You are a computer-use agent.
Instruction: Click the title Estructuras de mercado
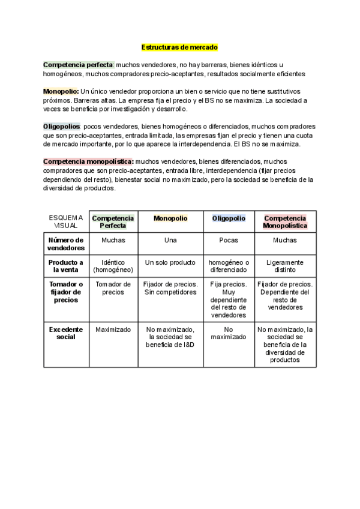click(x=179, y=46)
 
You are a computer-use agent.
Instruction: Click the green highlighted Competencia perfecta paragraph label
click(x=78, y=64)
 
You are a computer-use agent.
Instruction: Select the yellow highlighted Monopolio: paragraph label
click(x=61, y=90)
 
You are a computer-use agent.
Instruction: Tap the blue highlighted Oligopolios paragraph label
click(x=62, y=126)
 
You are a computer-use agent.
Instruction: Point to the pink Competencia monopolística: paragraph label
click(x=88, y=161)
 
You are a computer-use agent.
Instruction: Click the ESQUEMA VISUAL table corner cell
click(x=66, y=221)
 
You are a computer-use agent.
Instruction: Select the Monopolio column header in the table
click(x=170, y=218)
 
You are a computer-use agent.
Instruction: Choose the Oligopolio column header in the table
click(x=229, y=218)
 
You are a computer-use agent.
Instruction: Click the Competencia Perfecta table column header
click(x=113, y=221)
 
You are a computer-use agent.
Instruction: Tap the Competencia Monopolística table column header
click(x=285, y=221)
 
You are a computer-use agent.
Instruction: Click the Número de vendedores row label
click(x=66, y=244)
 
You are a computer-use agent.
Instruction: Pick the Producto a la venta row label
click(x=66, y=266)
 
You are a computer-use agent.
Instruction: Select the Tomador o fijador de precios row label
click(x=66, y=292)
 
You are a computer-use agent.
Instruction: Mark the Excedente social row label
click(x=66, y=333)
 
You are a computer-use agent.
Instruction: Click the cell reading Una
click(x=170, y=240)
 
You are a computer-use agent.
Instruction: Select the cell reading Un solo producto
click(x=170, y=262)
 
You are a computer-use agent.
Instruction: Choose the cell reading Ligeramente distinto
click(x=285, y=266)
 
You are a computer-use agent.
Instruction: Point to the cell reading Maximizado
click(x=113, y=329)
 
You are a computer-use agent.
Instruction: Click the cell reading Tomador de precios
click(x=113, y=288)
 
